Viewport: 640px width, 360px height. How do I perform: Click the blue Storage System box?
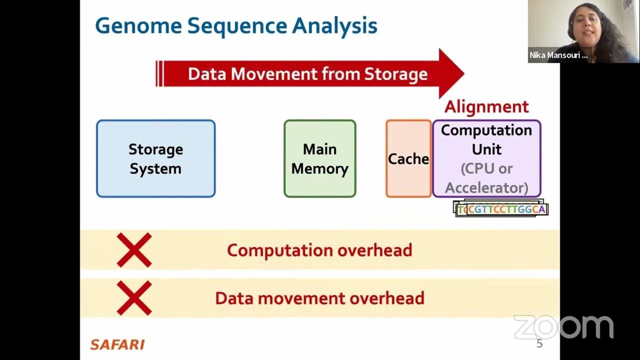155,158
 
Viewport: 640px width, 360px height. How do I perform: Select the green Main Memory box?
319,158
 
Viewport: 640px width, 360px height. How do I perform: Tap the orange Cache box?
408,158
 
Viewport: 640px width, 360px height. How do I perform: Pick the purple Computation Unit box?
486,158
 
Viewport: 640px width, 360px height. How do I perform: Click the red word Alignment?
486,106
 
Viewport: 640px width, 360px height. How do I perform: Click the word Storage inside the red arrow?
395,74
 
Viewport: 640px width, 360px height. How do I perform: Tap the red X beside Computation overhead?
134,250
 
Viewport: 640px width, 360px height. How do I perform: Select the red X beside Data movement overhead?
134,298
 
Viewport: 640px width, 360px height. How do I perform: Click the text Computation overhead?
319,250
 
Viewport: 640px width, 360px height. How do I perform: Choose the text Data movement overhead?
319,298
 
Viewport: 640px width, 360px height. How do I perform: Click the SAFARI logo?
117,344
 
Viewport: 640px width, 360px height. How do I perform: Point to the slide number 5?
539,343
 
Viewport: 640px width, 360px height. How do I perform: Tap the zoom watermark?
563,327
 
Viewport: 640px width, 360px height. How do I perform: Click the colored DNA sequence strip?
501,209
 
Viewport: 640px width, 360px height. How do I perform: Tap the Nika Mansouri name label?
558,55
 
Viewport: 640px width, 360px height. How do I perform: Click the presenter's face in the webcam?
583,22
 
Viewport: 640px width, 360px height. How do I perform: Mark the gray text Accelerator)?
486,187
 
